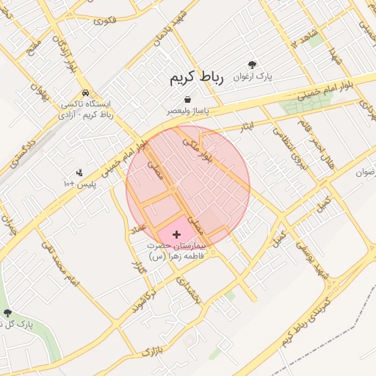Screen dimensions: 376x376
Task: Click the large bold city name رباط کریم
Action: (195, 77)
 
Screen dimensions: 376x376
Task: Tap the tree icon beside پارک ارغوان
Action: (253, 65)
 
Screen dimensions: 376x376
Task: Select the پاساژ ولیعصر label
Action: (188, 111)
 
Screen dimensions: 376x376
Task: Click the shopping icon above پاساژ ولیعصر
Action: (188, 99)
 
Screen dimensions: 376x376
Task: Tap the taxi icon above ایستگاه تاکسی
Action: (87, 93)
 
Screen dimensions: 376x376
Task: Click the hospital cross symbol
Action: (177, 234)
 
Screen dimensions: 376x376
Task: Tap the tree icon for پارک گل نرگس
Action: (7, 312)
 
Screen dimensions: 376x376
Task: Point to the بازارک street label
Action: (150, 348)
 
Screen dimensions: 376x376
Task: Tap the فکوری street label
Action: (104, 18)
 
